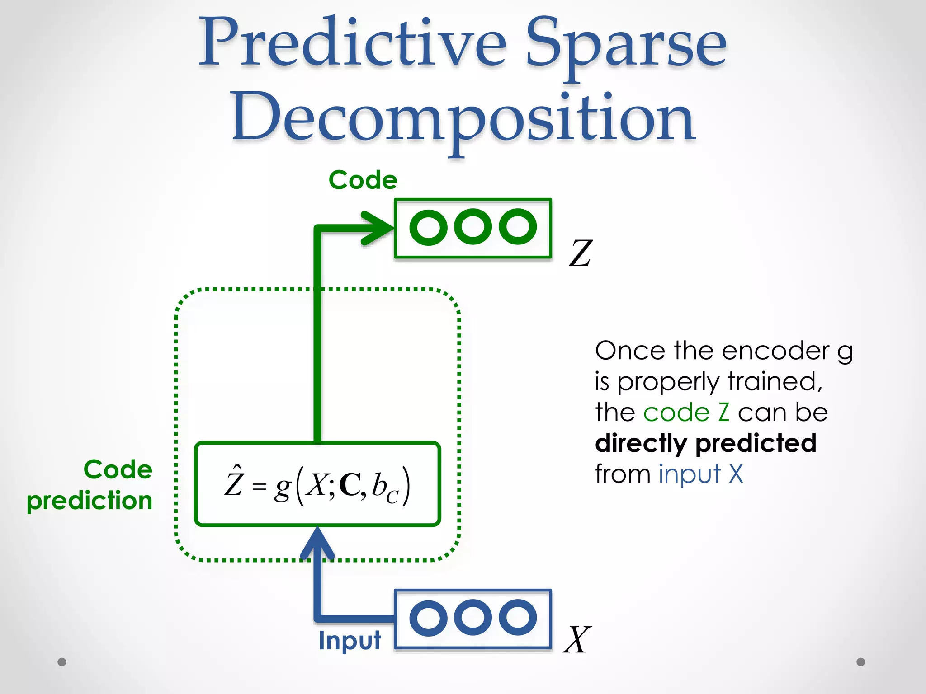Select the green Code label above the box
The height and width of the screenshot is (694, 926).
tap(363, 180)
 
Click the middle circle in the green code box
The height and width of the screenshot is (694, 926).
tap(472, 227)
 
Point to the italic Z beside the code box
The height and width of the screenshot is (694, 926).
tap(580, 253)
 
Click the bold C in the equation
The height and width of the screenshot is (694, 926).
tap(350, 486)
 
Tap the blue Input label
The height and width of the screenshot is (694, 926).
tap(350, 641)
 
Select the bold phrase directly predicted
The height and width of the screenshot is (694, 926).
tap(705, 443)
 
